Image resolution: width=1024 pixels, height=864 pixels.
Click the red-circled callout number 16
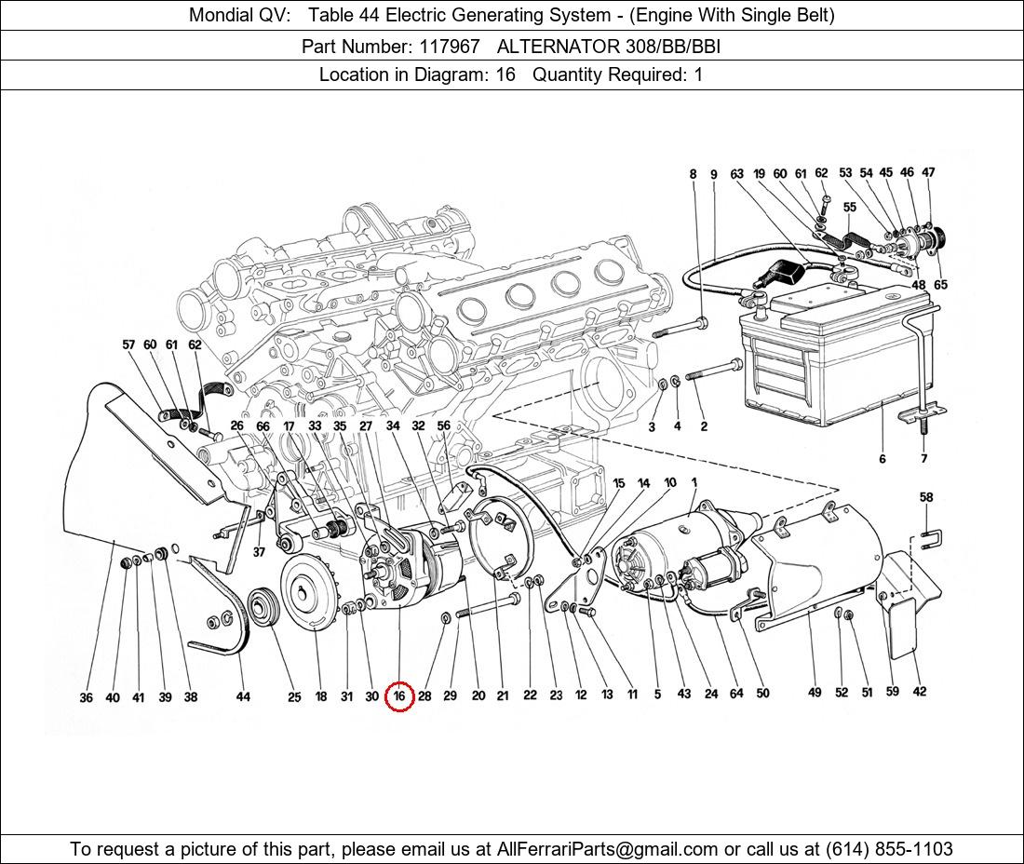(399, 695)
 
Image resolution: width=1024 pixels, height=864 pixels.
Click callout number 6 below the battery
(882, 458)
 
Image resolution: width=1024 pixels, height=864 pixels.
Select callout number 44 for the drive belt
(243, 696)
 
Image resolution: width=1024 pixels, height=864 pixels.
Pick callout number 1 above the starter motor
(694, 482)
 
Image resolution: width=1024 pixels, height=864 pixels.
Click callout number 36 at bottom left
(86, 697)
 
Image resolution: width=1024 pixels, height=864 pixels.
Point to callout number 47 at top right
(928, 172)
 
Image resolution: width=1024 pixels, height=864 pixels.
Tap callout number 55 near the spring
(849, 207)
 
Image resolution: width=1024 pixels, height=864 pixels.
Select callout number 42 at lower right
(920, 691)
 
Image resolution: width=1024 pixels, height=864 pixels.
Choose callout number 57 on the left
(128, 344)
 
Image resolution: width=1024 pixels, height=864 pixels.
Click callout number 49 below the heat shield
(815, 692)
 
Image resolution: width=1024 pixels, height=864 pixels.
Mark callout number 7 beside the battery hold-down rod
(923, 458)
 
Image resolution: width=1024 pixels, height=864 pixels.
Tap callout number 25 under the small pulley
(294, 696)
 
